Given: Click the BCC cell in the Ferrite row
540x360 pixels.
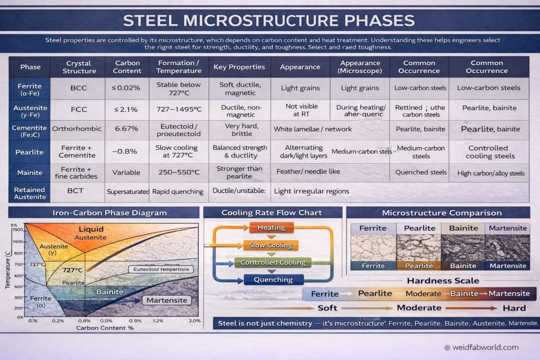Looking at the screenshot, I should click(x=79, y=88).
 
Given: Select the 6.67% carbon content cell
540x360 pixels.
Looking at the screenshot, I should click(x=127, y=129).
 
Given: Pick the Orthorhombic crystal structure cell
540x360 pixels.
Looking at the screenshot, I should click(x=79, y=129).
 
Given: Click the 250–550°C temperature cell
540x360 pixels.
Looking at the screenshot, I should click(x=179, y=172).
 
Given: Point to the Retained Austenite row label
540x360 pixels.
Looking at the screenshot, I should click(x=30, y=193).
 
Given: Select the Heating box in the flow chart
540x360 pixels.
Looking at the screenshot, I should click(x=271, y=228).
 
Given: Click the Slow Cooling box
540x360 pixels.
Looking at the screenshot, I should click(x=271, y=245).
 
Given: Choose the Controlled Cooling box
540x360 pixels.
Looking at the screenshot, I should click(x=273, y=262).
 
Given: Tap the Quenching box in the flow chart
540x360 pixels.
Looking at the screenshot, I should click(x=273, y=280).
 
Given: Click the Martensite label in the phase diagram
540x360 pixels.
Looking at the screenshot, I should click(x=167, y=300).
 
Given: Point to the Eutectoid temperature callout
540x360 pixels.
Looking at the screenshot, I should click(x=161, y=269).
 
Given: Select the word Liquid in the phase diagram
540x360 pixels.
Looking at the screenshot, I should click(x=91, y=229).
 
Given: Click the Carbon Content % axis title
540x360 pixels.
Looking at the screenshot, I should click(x=105, y=327).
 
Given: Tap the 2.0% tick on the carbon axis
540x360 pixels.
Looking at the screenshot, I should click(x=195, y=320).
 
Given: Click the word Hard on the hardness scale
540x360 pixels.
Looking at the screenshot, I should click(x=514, y=308).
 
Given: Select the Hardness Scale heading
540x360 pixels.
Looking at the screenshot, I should click(x=443, y=281).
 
